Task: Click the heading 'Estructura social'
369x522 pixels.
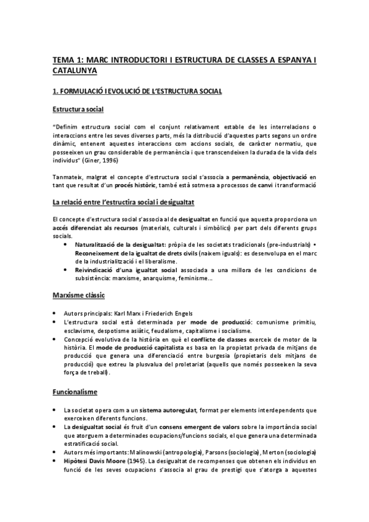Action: (x=78, y=110)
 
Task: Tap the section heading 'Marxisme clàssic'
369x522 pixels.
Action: (x=77, y=295)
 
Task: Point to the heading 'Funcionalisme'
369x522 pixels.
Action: (x=76, y=391)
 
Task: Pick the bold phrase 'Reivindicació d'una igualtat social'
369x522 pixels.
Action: (x=121, y=270)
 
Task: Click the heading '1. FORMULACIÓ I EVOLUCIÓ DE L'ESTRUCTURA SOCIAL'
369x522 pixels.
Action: (x=137, y=91)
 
